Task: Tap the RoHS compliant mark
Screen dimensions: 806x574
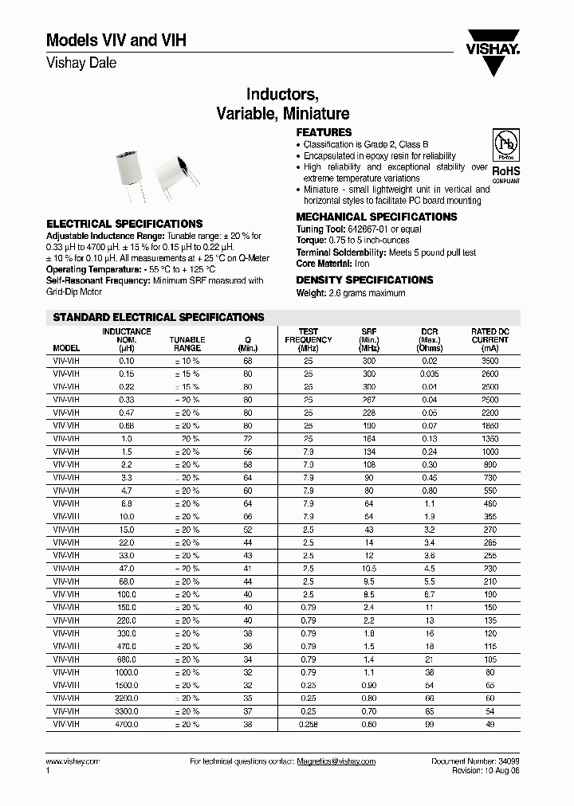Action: [x=505, y=174]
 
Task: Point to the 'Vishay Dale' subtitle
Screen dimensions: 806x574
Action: [x=81, y=63]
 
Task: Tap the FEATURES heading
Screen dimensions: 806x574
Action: [x=324, y=132]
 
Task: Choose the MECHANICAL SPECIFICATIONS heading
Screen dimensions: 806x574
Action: [x=376, y=217]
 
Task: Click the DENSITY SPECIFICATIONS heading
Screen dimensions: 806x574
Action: [x=364, y=280]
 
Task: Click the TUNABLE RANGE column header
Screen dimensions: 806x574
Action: [x=187, y=344]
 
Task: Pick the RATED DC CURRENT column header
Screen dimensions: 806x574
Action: [x=489, y=340]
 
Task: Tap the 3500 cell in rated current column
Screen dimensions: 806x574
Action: [x=489, y=361]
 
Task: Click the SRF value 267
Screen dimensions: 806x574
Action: [x=369, y=400]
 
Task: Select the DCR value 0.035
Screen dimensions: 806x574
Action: [x=429, y=374]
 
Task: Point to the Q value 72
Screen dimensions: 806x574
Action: [x=248, y=439]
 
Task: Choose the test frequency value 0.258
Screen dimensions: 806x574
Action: [x=308, y=725]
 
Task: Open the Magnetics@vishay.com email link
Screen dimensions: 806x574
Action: [x=336, y=761]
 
